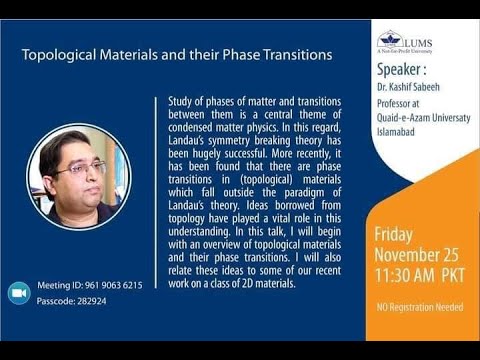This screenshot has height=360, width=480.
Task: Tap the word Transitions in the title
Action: pyautogui.click(x=290, y=56)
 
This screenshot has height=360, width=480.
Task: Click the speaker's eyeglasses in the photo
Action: pyautogui.click(x=80, y=169)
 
